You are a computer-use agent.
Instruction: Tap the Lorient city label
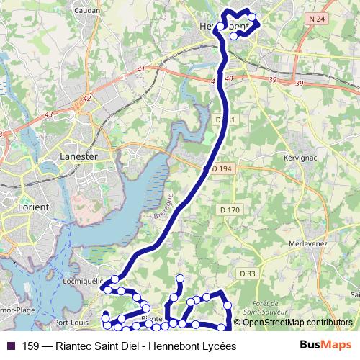[x=32, y=207]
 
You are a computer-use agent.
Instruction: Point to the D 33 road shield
[x=247, y=274]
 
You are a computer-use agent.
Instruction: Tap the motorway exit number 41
[x=140, y=69]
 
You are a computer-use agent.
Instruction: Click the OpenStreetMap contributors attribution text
[x=297, y=323]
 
